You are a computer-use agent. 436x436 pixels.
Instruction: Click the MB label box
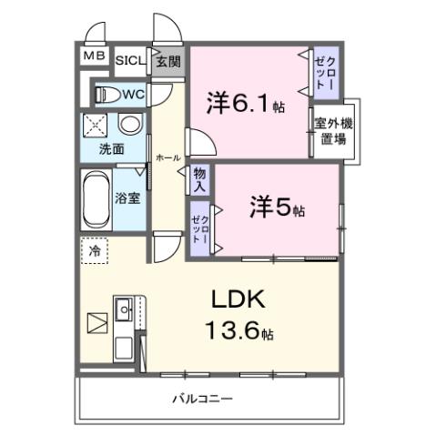[x=95, y=56]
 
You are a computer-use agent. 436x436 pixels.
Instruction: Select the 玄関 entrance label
[x=167, y=62]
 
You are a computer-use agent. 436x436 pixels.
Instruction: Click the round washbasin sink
[x=130, y=125]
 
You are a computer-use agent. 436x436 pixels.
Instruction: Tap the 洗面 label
[x=112, y=148]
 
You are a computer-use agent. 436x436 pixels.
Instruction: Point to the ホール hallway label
[x=167, y=157]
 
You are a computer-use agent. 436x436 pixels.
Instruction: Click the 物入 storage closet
[x=200, y=179]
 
